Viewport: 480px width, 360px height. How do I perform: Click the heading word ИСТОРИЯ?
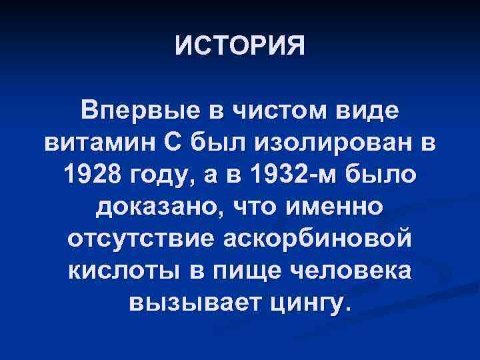click(x=240, y=46)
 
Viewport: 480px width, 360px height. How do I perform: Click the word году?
click(x=162, y=175)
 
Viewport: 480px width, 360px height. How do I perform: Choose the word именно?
click(x=333, y=206)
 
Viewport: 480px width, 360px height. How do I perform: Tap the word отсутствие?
click(x=138, y=239)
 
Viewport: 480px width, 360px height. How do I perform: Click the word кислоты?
click(x=120, y=271)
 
